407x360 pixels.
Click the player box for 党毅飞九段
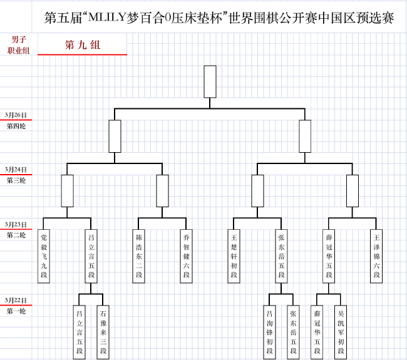[44, 256]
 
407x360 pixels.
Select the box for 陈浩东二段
[138, 256]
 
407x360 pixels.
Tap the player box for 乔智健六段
[186, 256]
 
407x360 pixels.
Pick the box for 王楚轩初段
[234, 256]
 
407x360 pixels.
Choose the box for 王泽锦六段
[376, 256]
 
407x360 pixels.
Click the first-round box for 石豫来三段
[103, 332]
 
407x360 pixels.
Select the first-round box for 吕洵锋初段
[269, 332]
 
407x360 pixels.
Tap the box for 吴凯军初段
[341, 332]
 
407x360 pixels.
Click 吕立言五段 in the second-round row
[91, 256]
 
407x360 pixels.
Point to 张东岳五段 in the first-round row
[293, 332]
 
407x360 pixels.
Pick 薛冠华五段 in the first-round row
[317, 332]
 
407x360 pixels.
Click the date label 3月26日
[16, 115]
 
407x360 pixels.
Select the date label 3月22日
[16, 301]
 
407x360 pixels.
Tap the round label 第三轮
[16, 180]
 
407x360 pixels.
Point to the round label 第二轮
[16, 235]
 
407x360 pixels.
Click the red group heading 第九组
[83, 45]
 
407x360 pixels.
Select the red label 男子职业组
[18, 45]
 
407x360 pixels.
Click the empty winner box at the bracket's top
[210, 81]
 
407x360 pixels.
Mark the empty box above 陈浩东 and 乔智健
[163, 191]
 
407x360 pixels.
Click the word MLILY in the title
[107, 18]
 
